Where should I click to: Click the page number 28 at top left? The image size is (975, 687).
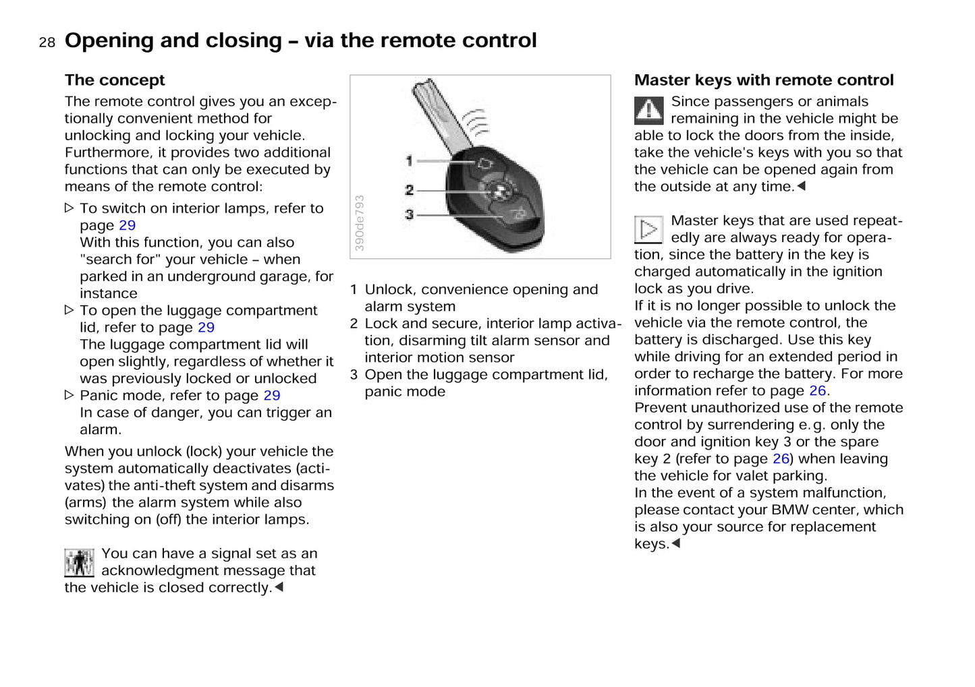pos(47,42)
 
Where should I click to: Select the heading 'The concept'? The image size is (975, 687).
pos(115,80)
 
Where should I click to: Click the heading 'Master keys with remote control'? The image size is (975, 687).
pos(763,80)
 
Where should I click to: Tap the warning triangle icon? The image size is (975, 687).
pos(648,111)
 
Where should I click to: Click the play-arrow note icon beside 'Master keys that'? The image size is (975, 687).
pos(648,229)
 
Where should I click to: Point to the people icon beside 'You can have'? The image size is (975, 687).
pos(79,562)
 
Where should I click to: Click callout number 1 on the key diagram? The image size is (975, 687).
pos(409,160)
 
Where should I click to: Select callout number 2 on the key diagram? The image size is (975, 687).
pos(409,190)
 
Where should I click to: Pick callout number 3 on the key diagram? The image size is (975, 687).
pos(409,214)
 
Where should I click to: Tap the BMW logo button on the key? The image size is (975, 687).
pos(499,191)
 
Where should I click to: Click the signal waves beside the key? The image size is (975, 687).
pos(476,122)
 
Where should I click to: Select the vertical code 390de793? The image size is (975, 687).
pos(360,223)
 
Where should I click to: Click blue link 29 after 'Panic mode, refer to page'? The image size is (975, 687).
pos(272,396)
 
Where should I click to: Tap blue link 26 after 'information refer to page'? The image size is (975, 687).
pos(817,391)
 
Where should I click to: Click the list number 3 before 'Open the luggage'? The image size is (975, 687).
pos(354,375)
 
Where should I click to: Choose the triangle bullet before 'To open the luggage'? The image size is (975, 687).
pos(69,310)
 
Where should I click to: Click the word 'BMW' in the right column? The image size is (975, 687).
pos(789,510)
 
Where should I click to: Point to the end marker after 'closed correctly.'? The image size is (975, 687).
pos(279,587)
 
